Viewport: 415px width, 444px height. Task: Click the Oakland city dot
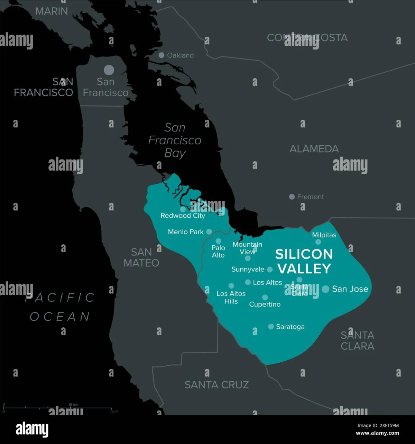(161, 55)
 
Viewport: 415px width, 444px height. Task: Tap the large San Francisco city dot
(109, 70)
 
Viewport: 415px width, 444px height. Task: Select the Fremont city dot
(292, 197)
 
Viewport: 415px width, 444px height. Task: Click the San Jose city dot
(325, 289)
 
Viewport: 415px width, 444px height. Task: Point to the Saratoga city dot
(271, 326)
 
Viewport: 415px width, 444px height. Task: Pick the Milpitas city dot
(318, 242)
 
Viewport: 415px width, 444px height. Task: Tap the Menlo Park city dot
(209, 232)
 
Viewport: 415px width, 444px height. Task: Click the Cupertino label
(265, 305)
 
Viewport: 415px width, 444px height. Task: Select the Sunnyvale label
(248, 269)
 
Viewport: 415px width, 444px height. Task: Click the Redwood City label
(183, 216)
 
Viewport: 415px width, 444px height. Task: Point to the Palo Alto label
(218, 252)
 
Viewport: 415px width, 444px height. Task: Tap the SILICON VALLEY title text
(304, 261)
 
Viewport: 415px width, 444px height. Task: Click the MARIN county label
(52, 11)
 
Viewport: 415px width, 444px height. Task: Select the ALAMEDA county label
(314, 149)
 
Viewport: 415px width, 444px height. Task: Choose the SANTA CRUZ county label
(216, 384)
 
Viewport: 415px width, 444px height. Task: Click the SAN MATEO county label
(141, 257)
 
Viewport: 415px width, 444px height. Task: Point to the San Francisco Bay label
(175, 140)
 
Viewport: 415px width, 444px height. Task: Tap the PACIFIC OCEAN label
(60, 307)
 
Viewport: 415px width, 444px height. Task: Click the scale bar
(57, 408)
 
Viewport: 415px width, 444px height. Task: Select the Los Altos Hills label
(231, 297)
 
